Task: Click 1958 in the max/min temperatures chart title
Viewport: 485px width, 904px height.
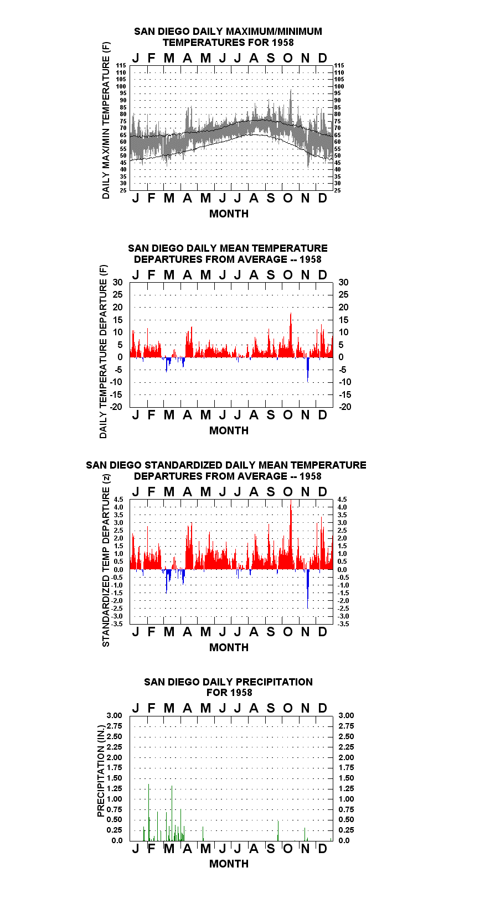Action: point(283,43)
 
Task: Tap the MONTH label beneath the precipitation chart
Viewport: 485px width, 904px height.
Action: point(229,864)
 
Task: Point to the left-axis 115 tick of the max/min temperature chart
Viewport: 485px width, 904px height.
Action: point(121,65)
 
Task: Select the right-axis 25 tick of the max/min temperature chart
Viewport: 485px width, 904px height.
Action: point(337,190)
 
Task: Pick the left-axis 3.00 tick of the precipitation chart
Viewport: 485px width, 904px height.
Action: point(114,715)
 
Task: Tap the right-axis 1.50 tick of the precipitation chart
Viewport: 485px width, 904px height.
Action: point(346,778)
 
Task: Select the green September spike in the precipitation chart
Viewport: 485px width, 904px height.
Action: point(278,830)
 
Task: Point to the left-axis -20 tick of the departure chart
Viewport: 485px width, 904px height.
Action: point(116,407)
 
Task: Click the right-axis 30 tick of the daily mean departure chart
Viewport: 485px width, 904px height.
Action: point(343,283)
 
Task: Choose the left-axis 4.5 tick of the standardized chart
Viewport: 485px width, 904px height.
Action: point(118,500)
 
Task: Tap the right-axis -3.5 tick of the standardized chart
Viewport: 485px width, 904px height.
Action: point(343,624)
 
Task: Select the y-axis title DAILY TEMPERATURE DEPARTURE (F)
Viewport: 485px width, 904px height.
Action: point(104,351)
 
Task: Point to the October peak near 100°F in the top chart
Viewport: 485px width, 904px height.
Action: point(291,91)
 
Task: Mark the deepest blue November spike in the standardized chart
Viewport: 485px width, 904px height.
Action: point(308,589)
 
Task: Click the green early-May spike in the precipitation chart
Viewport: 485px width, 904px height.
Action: point(203,834)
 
